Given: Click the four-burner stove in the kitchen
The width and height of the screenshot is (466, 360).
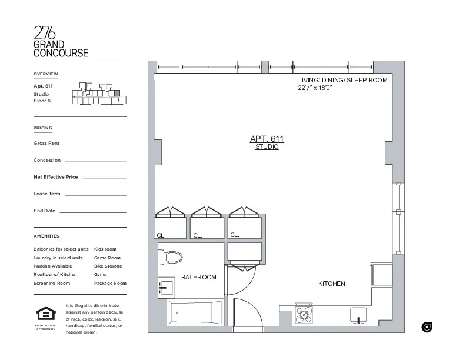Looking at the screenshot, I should [304, 315].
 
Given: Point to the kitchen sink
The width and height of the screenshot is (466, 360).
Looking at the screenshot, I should [358, 315].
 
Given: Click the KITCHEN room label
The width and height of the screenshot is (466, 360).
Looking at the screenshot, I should [332, 284].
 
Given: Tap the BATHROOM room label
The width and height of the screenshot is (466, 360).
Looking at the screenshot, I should [198, 277].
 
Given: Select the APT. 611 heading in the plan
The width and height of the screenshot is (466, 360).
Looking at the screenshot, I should [267, 139].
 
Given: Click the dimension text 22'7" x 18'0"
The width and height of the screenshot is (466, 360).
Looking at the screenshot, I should [315, 88].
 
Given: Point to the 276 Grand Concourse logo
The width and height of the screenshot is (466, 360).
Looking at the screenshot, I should [61, 41].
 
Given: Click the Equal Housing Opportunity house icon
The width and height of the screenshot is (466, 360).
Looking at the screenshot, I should [45, 314].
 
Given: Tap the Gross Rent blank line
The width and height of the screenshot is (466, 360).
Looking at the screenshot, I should [95, 144].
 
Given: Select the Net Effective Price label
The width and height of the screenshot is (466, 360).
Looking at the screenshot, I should [56, 176].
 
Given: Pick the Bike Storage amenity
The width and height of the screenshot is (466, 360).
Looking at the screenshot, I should [108, 266].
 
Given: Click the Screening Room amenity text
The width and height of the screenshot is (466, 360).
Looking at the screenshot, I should [52, 283].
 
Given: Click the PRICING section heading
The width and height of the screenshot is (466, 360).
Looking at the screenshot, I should [43, 128].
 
